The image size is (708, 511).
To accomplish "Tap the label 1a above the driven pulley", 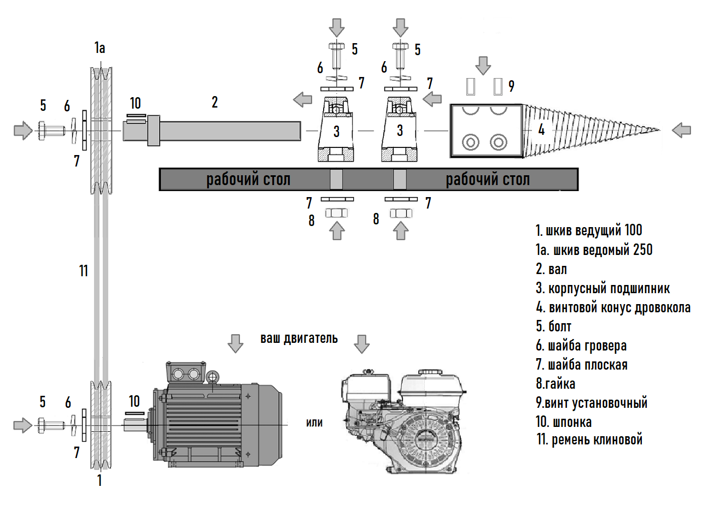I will click(100, 48).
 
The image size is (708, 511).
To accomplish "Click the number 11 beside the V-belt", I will click(83, 271).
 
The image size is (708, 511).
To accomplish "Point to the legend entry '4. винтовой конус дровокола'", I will click(613, 307).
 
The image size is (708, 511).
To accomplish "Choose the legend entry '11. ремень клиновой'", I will click(589, 439).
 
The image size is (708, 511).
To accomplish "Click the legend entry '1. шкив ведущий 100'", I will click(589, 230).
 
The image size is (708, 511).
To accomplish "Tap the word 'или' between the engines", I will click(314, 423).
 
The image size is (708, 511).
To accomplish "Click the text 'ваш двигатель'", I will click(299, 338).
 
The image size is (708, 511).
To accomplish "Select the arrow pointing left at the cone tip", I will click(681, 130).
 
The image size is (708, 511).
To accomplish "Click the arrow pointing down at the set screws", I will click(483, 65).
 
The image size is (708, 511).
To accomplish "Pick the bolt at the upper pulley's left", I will click(48, 131).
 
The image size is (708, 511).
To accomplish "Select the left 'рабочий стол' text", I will click(248, 179).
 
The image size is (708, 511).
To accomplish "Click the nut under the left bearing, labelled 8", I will click(337, 213).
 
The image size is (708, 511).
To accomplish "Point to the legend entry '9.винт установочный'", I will click(592, 403).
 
